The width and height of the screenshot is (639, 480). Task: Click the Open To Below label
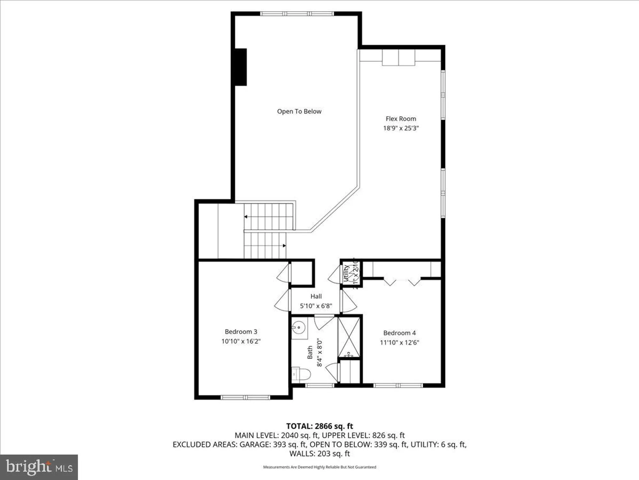[299, 111]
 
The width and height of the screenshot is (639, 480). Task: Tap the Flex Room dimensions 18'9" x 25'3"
[401, 128]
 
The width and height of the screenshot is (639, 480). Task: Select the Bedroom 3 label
[241, 332]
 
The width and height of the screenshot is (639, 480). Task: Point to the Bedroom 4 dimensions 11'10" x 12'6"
[399, 342]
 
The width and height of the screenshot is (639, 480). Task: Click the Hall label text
[316, 296]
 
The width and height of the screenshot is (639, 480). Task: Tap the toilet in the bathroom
[301, 374]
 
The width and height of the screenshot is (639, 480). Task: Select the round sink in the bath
[299, 327]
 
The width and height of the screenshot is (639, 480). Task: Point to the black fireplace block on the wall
[241, 67]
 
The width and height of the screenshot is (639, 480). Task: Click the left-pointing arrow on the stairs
[246, 217]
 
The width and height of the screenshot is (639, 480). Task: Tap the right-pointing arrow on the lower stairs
[284, 246]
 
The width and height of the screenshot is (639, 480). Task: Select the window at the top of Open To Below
[297, 14]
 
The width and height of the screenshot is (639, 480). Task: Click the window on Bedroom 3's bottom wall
[245, 397]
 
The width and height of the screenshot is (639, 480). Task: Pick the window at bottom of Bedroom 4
[398, 386]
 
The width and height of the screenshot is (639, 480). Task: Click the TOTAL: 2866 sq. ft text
[319, 426]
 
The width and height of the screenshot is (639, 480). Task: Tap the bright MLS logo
[39, 467]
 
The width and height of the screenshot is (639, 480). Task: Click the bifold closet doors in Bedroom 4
[402, 282]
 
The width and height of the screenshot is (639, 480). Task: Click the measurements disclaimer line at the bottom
[319, 467]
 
